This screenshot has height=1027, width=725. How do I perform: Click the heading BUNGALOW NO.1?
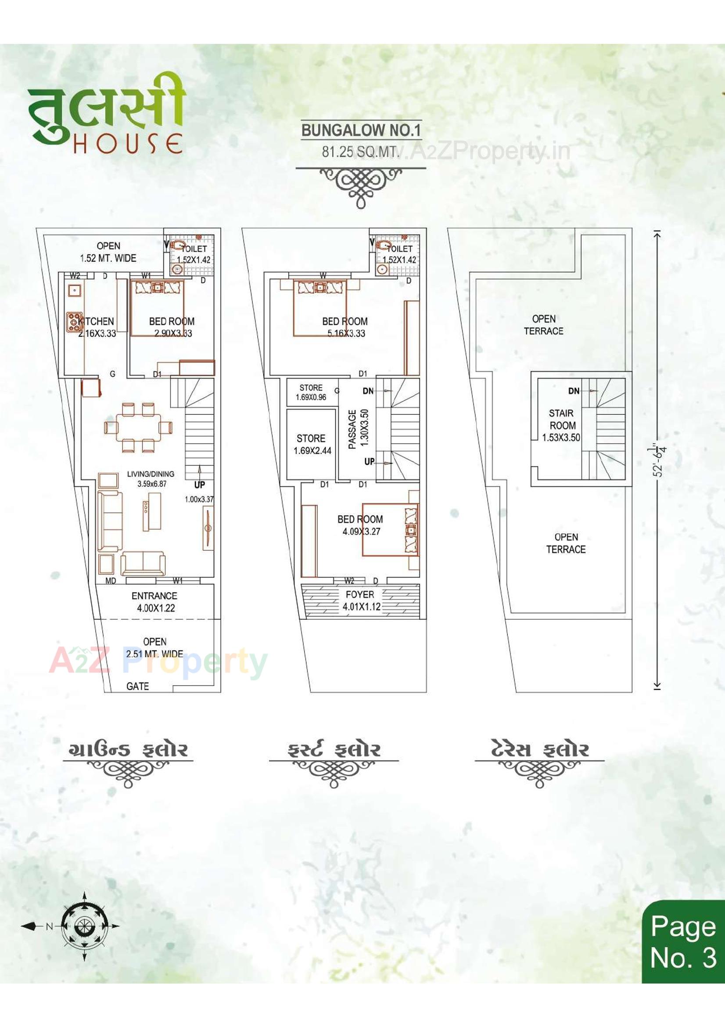361,130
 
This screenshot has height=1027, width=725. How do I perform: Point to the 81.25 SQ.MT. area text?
360,152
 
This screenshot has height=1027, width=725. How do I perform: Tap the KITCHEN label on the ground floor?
97,321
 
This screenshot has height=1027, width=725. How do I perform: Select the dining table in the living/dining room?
139,427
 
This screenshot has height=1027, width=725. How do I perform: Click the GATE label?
137,686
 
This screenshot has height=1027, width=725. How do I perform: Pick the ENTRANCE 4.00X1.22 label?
154,602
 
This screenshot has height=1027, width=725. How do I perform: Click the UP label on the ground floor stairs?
199,485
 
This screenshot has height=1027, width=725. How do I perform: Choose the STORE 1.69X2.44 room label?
312,444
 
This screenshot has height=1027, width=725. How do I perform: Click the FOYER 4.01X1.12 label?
361,600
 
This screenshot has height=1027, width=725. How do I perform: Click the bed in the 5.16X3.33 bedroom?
319,307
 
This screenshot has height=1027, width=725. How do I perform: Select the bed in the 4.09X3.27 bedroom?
390,530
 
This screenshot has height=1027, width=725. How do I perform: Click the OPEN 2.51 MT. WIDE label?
154,647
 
